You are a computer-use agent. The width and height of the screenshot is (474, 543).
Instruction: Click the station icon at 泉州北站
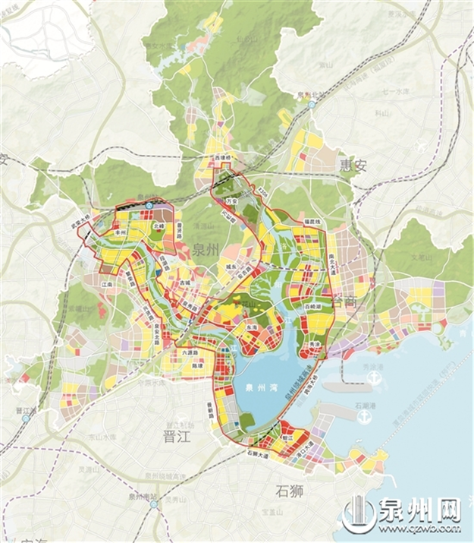pos(312,105)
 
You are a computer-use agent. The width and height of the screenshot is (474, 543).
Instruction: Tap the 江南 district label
pos(107,284)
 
